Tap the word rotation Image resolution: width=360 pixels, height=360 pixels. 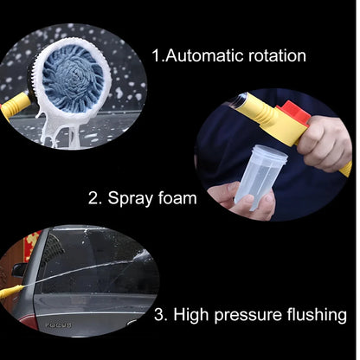pos(275,56)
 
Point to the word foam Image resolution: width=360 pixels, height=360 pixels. pos(177,198)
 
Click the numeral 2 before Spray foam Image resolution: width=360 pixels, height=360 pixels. pos(94,198)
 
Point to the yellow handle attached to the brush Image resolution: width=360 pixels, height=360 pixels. pos(17,106)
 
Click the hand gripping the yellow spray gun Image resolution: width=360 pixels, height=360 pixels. pos(324,142)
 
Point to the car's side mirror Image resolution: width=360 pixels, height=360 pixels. pos(19,270)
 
